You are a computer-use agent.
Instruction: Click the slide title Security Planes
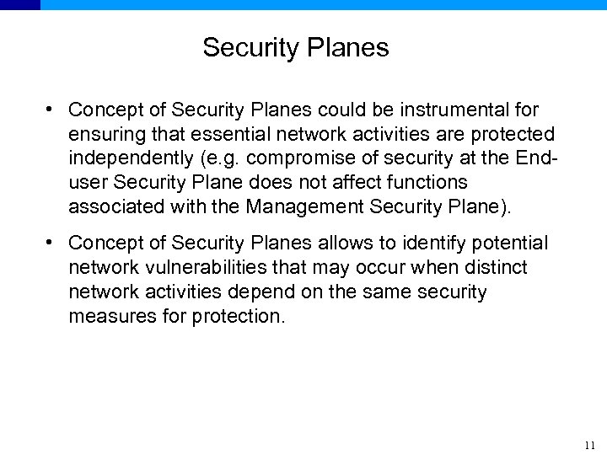[295, 48]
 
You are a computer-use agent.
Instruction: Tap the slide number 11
[589, 445]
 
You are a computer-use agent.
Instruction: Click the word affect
[349, 182]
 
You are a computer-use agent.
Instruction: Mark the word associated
[110, 206]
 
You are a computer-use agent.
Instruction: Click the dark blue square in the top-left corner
[19, 4]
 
